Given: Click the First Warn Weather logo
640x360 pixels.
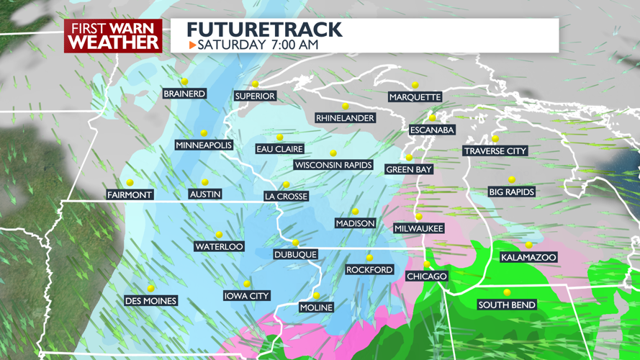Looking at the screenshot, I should point(113,35).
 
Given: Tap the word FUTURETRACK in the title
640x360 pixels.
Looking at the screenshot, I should point(264,30).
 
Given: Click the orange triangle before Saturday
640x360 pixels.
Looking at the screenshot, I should point(192,45).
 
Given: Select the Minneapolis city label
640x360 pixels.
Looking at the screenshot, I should point(204,145).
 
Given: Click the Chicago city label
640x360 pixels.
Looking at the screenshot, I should point(427,276).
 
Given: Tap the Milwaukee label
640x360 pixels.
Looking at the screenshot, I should point(419,228).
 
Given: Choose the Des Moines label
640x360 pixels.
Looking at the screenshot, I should point(150,301).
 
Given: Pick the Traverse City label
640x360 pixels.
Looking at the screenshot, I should point(495,151).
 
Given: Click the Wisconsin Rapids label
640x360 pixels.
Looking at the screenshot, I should point(333,165).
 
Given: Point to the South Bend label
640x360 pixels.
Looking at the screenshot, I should point(507,305).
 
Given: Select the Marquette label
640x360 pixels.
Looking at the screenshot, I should point(415,97).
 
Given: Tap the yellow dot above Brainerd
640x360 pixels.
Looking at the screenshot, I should point(184,81).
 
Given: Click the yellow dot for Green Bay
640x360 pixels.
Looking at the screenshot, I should point(409,158).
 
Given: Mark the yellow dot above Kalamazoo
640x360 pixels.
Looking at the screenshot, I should point(528,245).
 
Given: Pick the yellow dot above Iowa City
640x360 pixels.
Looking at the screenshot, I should point(247,284).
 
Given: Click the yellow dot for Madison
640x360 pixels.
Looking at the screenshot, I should point(355,212).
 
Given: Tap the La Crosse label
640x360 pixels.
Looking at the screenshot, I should point(286,196).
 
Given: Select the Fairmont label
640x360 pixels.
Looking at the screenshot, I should point(130,194).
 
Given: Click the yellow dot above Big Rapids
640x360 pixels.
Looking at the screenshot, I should point(512,180).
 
